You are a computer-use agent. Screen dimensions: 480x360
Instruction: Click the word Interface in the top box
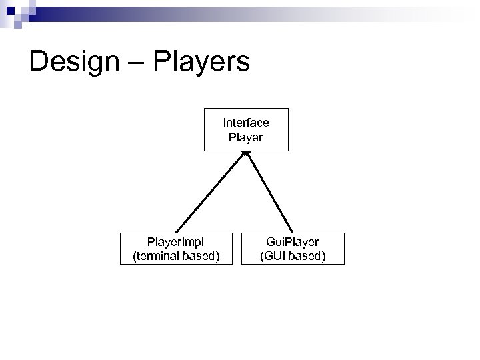(x=246, y=123)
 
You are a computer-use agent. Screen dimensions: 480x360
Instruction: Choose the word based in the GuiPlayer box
(x=306, y=255)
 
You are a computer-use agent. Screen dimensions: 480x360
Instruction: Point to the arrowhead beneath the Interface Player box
(x=246, y=154)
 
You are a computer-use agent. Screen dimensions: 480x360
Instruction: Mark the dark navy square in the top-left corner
(x=7, y=6)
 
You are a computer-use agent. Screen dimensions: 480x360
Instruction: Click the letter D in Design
(x=39, y=63)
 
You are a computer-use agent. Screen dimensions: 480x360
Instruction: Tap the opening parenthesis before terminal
(x=135, y=255)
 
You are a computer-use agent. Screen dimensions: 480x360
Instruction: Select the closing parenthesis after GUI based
(x=324, y=255)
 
